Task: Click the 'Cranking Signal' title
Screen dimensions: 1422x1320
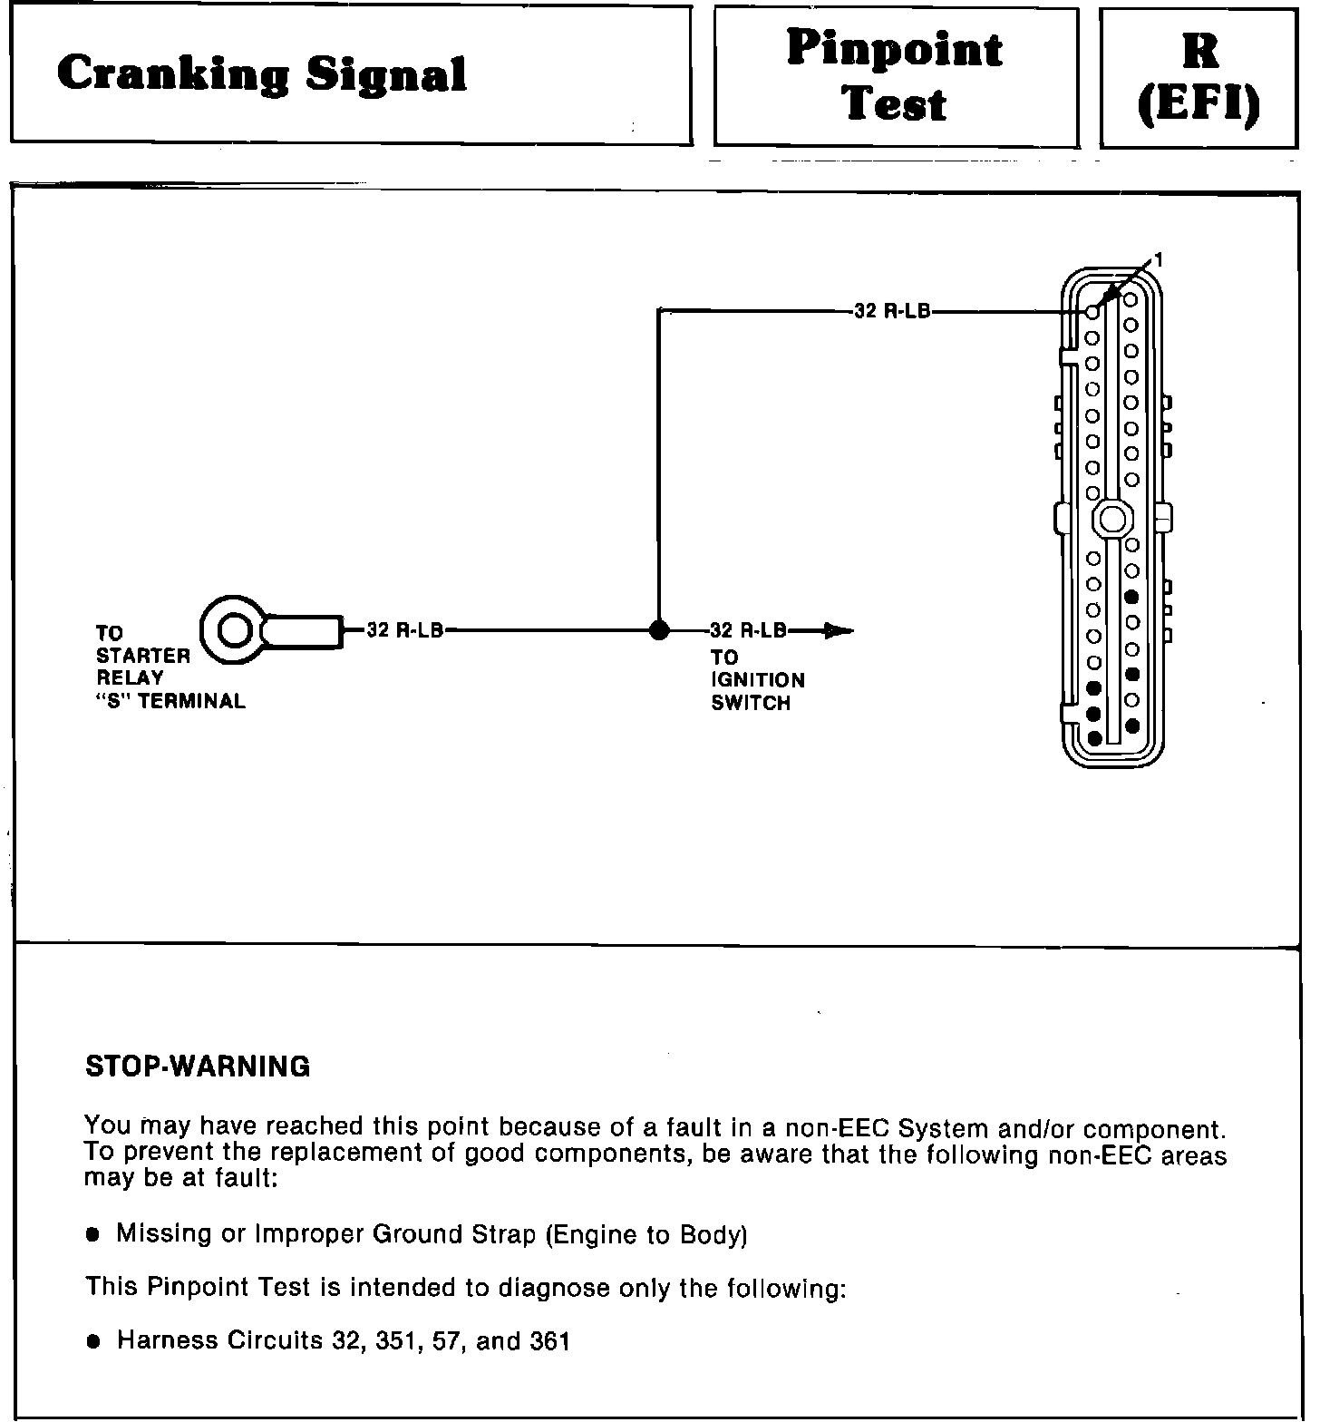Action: [x=261, y=74]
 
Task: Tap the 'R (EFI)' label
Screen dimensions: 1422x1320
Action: [x=1199, y=79]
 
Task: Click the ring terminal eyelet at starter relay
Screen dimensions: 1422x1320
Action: [x=233, y=628]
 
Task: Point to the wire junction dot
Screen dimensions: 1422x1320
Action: [x=659, y=630]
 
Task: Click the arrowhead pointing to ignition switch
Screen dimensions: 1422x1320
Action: [x=838, y=630]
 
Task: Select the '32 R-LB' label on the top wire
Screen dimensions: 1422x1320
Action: [x=892, y=311]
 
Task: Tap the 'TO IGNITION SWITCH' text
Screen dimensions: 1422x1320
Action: [x=757, y=680]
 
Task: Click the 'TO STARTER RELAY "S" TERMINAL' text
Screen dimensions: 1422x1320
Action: [x=170, y=667]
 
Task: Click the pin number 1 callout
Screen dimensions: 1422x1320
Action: [x=1157, y=260]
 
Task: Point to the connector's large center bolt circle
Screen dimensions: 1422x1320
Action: [x=1111, y=519]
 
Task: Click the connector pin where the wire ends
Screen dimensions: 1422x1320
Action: [x=1092, y=312]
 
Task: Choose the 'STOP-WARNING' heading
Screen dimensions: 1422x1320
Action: [x=198, y=1066]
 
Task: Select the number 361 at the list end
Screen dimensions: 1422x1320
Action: [x=548, y=1340]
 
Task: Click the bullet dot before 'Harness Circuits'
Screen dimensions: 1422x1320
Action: [x=92, y=1342]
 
